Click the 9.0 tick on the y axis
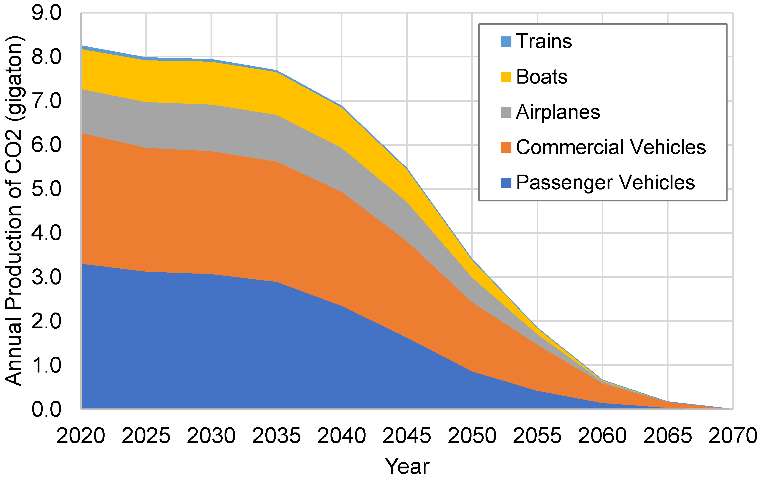(x=46, y=13)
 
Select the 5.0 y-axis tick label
(x=46, y=189)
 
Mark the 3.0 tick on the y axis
(x=46, y=277)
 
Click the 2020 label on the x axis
(x=81, y=436)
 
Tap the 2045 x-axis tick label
(x=407, y=436)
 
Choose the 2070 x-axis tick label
(x=732, y=436)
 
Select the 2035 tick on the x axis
(x=276, y=436)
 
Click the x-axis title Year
(x=407, y=466)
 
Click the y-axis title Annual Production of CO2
(x=14, y=211)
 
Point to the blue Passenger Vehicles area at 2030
(x=211, y=341)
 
